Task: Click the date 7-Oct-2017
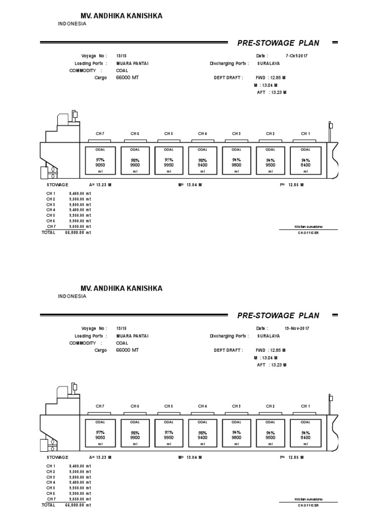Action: [x=296, y=56]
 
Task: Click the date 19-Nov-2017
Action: [x=297, y=328]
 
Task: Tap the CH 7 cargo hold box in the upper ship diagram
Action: [x=100, y=161]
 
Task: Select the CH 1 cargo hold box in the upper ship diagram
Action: [x=305, y=161]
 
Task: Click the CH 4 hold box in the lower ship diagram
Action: [x=203, y=433]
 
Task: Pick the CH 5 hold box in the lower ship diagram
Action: [x=168, y=433]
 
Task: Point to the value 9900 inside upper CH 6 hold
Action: [x=135, y=165]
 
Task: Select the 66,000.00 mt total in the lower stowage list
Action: [x=78, y=505]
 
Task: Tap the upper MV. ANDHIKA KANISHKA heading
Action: [x=121, y=17]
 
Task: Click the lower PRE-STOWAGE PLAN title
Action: [x=278, y=315]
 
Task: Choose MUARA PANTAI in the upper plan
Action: [x=132, y=64]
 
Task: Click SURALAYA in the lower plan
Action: [x=269, y=336]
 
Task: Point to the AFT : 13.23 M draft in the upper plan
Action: [x=271, y=92]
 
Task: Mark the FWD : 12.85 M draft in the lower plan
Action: [x=271, y=350]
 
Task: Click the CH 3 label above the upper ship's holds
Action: [x=237, y=134]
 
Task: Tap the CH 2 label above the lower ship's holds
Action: [x=271, y=406]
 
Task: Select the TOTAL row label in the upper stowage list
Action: [x=49, y=232]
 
